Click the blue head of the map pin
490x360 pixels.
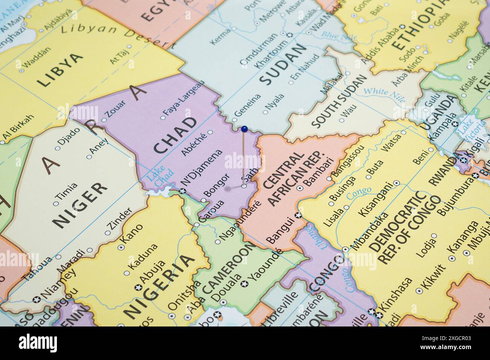[x=244, y=129]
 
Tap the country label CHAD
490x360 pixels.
[x=176, y=135]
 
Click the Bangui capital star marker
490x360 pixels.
[x=298, y=215]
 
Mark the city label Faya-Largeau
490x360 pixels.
[x=184, y=98]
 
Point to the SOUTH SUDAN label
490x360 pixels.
[x=339, y=101]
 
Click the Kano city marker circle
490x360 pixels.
[x=121, y=247]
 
